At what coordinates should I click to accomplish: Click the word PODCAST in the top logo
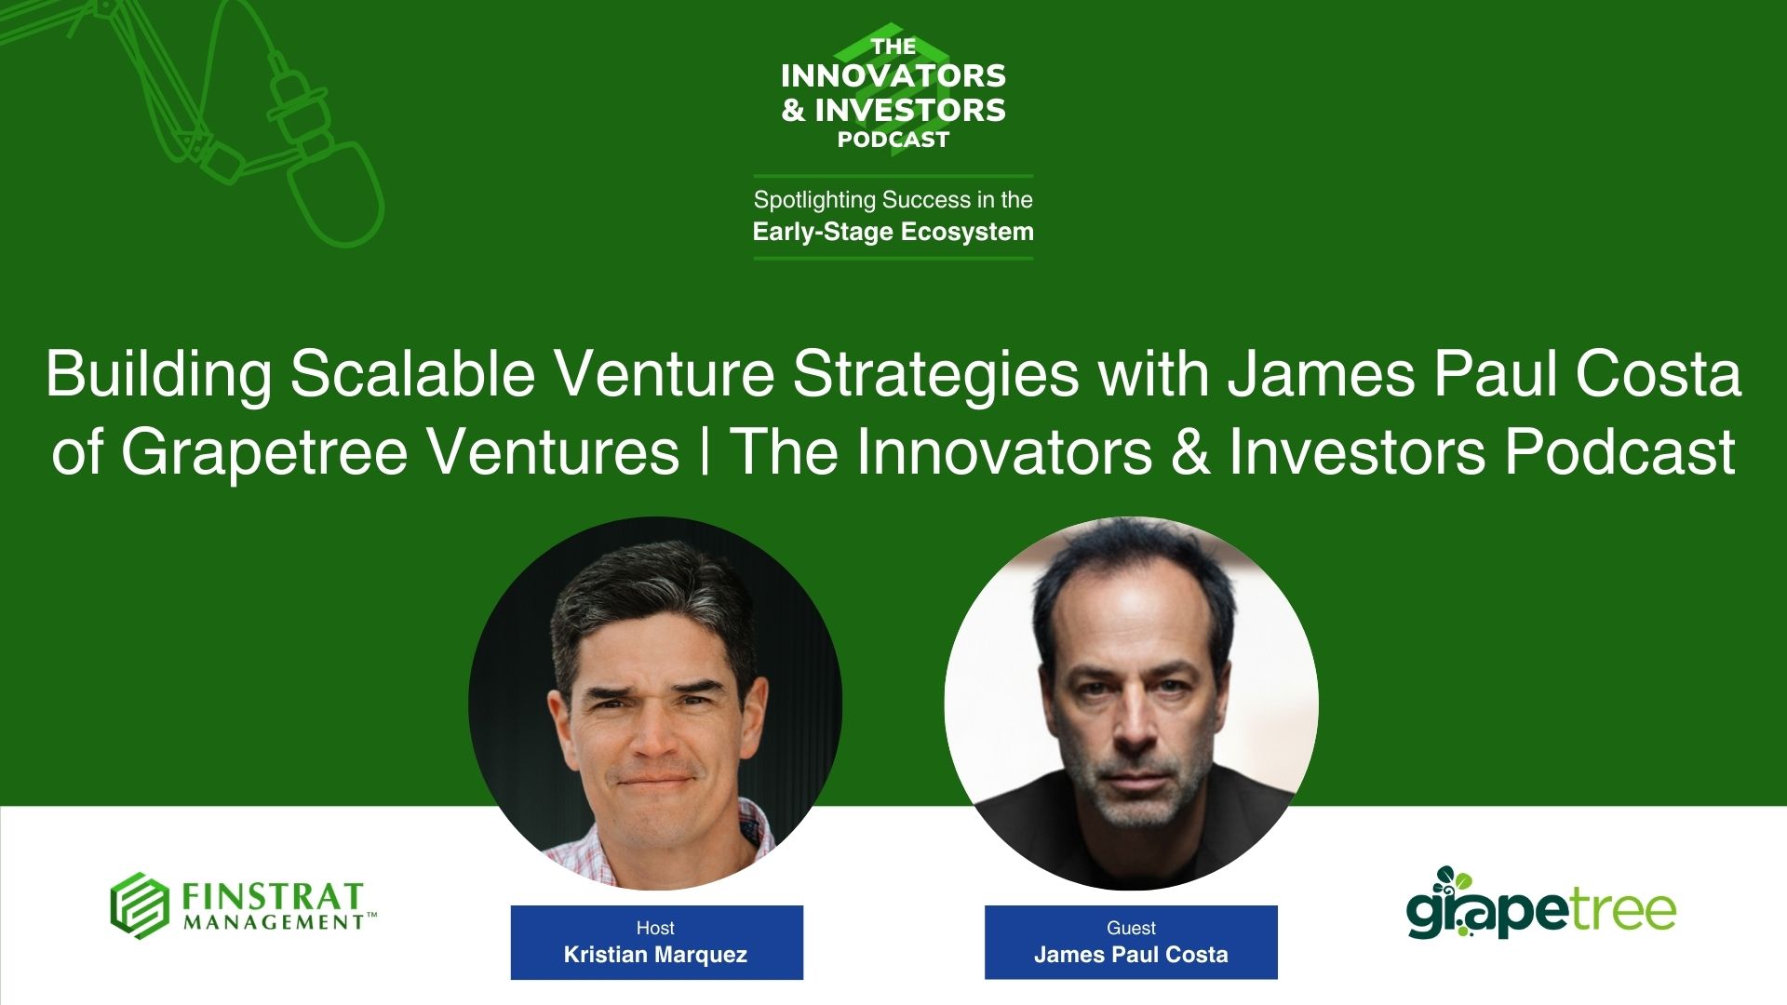tap(893, 140)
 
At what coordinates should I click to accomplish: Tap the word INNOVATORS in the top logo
tap(893, 75)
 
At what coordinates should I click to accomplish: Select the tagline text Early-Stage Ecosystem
tap(893, 232)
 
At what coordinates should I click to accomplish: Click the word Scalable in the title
tap(412, 374)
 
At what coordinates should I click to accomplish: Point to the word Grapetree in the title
tap(264, 452)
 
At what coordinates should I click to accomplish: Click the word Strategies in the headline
tap(936, 374)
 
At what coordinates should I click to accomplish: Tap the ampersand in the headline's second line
tap(1190, 452)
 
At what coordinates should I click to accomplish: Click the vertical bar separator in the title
tap(705, 452)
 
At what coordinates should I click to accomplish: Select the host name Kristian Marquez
tap(655, 955)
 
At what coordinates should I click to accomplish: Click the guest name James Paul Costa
tap(1131, 955)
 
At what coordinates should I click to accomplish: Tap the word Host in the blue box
tap(655, 928)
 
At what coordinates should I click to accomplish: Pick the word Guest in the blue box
tap(1131, 928)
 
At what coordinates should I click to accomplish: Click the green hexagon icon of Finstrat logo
tap(140, 905)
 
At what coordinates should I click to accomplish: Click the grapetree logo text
tap(1540, 910)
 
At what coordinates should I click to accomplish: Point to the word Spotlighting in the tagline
tap(814, 200)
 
